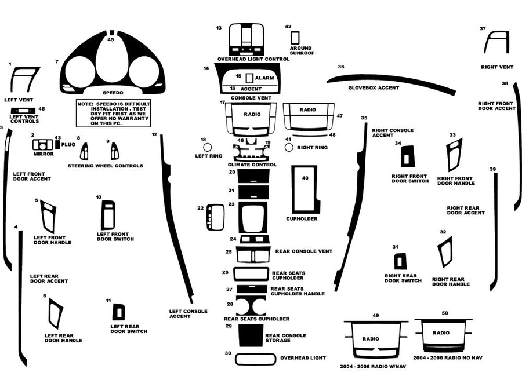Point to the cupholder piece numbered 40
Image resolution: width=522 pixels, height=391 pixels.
[305, 189]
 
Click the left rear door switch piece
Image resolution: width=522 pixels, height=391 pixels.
[119, 312]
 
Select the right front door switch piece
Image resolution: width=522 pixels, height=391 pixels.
[407, 156]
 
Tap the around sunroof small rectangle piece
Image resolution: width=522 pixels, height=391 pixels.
[295, 38]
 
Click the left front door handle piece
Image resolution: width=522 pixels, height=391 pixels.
[48, 216]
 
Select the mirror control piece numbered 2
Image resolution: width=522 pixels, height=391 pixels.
[42, 145]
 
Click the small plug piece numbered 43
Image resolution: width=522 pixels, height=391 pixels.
[57, 144]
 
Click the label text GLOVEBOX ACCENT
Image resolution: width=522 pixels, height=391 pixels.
[373, 87]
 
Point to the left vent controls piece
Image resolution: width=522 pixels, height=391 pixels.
[23, 111]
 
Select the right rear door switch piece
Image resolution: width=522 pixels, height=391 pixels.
[400, 261]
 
